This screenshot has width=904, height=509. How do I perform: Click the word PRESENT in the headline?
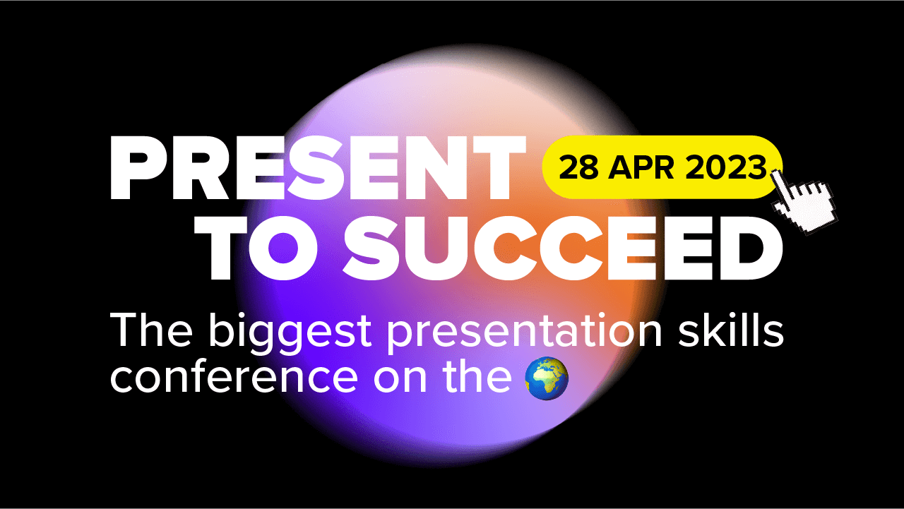(318, 168)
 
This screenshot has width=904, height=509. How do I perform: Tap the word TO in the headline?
(256, 248)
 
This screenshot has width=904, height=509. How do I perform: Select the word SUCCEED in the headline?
(563, 248)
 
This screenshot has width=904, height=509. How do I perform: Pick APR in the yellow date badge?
(641, 167)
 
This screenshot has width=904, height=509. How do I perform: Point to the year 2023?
(725, 167)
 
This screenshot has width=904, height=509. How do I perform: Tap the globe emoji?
(547, 378)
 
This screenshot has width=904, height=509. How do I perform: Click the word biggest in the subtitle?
(290, 333)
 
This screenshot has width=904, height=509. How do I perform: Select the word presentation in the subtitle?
(525, 333)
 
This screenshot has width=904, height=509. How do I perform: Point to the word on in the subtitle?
(400, 378)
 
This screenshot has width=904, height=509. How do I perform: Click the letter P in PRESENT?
(135, 168)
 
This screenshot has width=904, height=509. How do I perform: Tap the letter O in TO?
(282, 248)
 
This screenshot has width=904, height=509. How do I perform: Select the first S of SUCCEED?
(369, 248)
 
